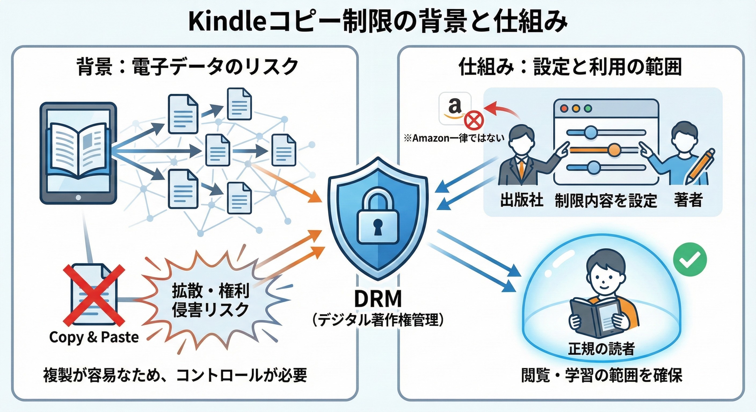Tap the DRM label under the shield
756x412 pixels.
tap(378, 298)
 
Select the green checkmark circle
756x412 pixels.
tap(690, 259)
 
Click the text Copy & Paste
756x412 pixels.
tap(94, 337)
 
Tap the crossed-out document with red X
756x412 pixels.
tap(94, 293)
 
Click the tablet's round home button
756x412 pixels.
tap(78, 198)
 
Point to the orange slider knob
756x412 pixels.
tap(613, 150)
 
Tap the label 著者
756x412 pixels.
tap(688, 200)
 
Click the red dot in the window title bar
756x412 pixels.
tap(564, 108)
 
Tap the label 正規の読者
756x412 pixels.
tap(601, 349)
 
